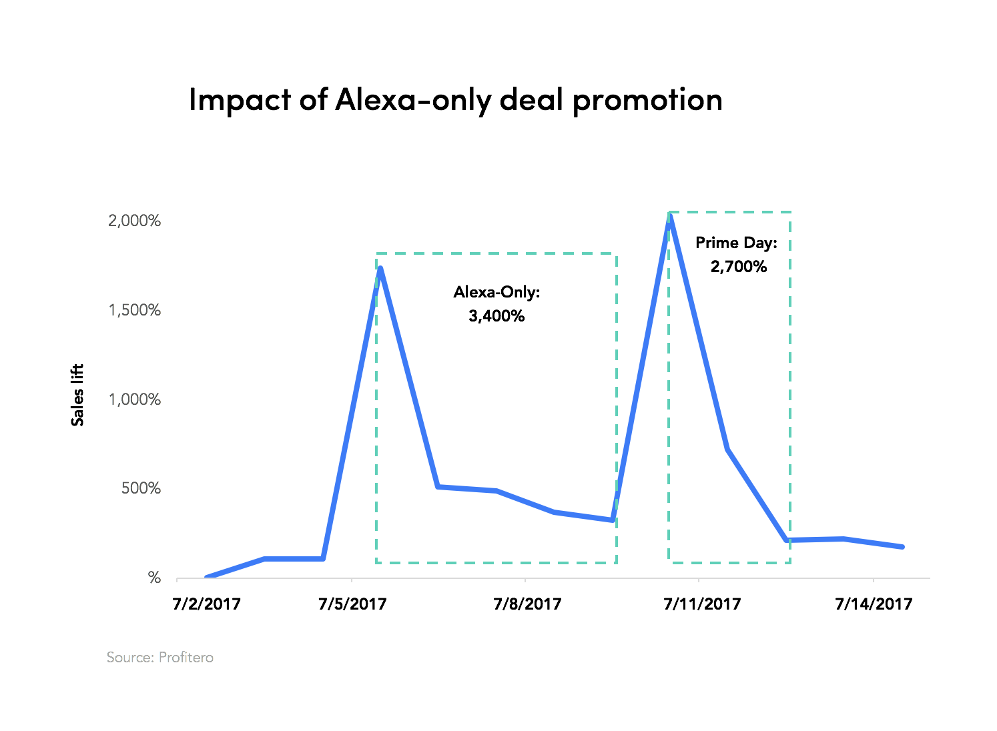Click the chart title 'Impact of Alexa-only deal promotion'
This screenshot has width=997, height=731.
tap(455, 101)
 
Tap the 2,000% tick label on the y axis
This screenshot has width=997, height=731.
tap(134, 221)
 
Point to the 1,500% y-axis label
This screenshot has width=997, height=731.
tap(134, 310)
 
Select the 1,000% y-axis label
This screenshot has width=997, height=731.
tap(134, 400)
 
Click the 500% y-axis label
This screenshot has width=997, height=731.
tap(141, 488)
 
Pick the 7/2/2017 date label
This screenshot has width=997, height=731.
tap(206, 604)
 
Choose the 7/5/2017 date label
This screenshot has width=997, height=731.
tap(352, 604)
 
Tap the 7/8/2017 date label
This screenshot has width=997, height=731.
tap(527, 604)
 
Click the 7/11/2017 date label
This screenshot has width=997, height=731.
tap(702, 604)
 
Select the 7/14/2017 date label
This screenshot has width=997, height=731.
tap(874, 604)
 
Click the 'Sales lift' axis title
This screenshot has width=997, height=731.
tap(77, 395)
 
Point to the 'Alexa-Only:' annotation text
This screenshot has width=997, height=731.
tap(496, 292)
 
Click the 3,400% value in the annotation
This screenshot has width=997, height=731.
tap(496, 316)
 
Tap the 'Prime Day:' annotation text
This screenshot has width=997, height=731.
tap(737, 243)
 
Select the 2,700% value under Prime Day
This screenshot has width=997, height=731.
tap(739, 267)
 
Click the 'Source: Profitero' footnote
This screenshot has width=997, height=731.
tap(160, 658)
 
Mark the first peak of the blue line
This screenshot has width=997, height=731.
tap(380, 269)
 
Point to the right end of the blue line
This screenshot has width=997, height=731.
tap(902, 547)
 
